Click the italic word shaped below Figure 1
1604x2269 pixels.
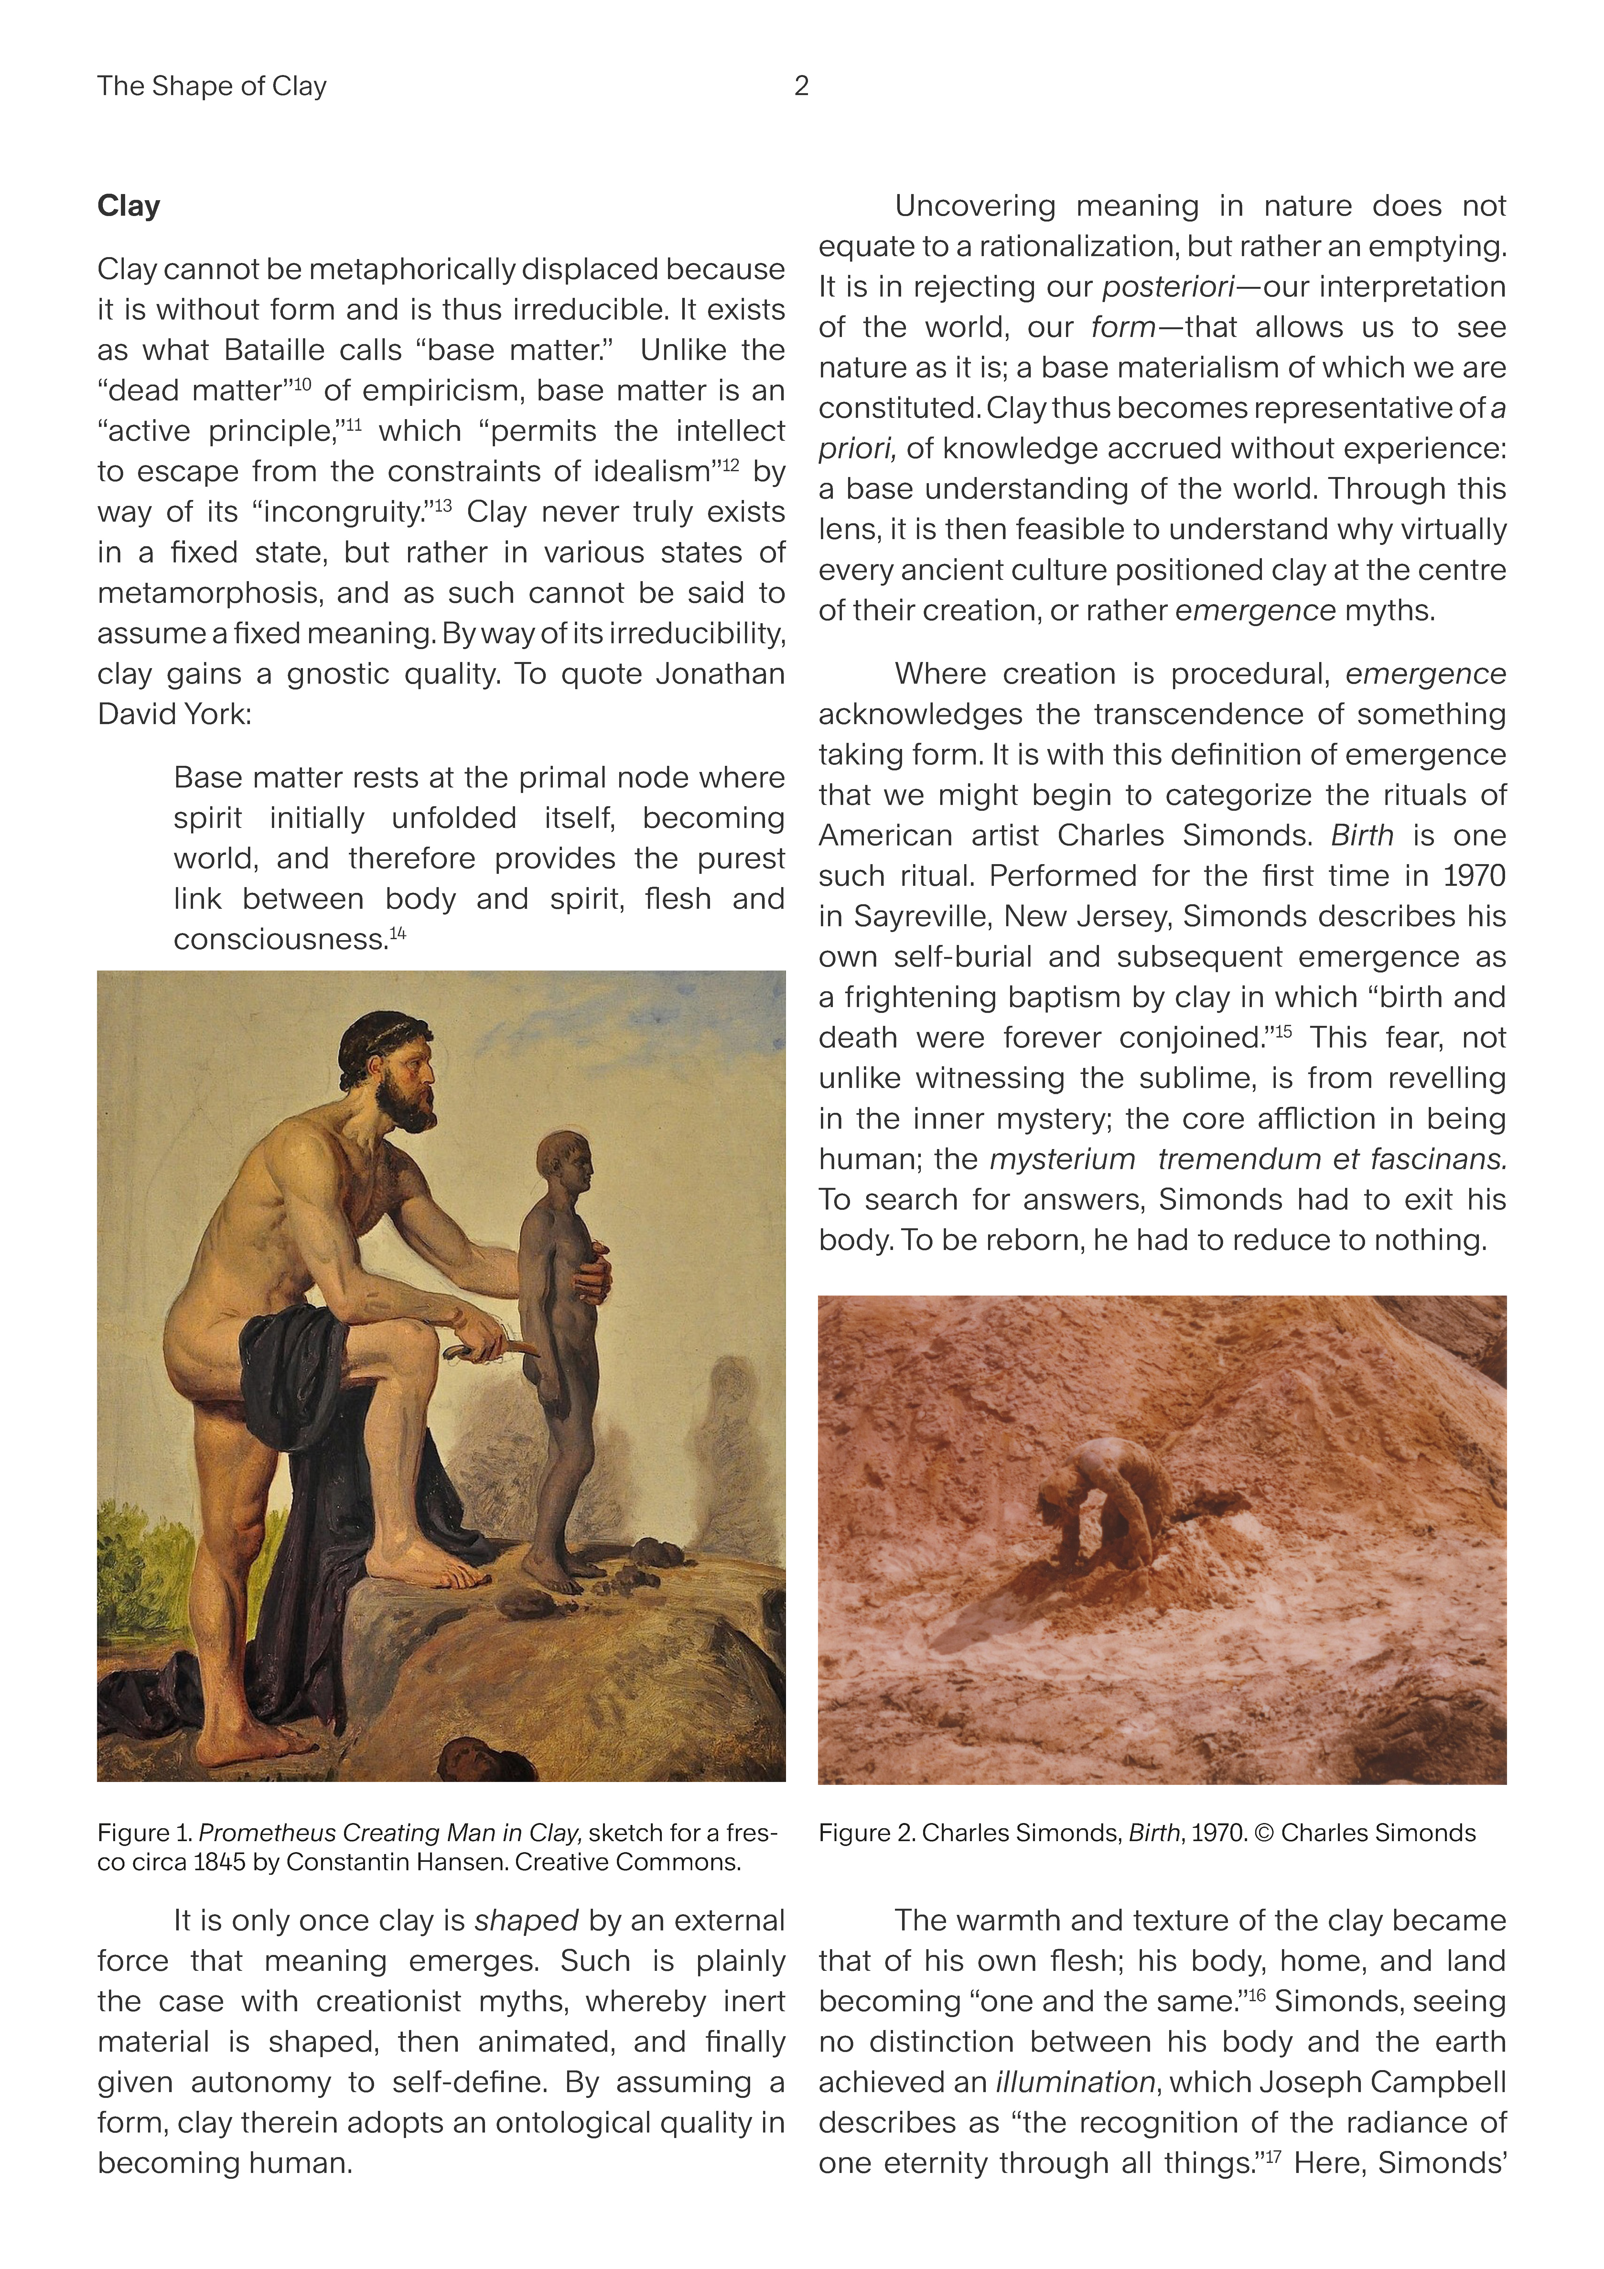[526, 1920]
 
